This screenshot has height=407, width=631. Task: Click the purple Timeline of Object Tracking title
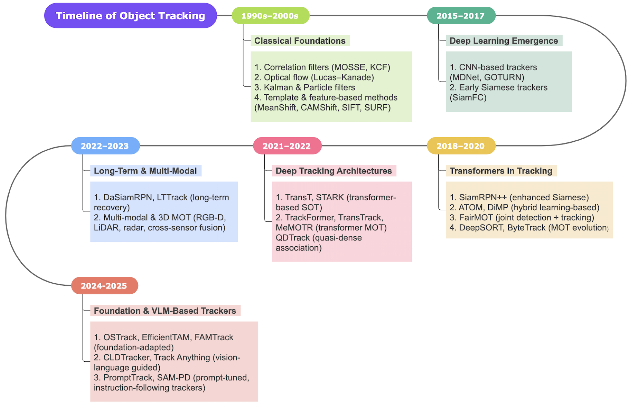130,16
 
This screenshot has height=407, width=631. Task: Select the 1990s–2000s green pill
270,16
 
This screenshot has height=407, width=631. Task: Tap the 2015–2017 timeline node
461,16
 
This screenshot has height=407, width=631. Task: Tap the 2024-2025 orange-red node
104,286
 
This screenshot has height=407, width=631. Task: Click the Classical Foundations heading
300,41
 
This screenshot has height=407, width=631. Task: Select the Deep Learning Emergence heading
504,41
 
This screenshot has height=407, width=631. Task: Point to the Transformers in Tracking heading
501,171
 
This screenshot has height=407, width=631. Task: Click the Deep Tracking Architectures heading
334,171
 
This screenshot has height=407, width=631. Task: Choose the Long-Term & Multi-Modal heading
145,171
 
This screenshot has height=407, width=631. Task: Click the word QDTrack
293,238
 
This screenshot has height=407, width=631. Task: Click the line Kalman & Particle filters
305,87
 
